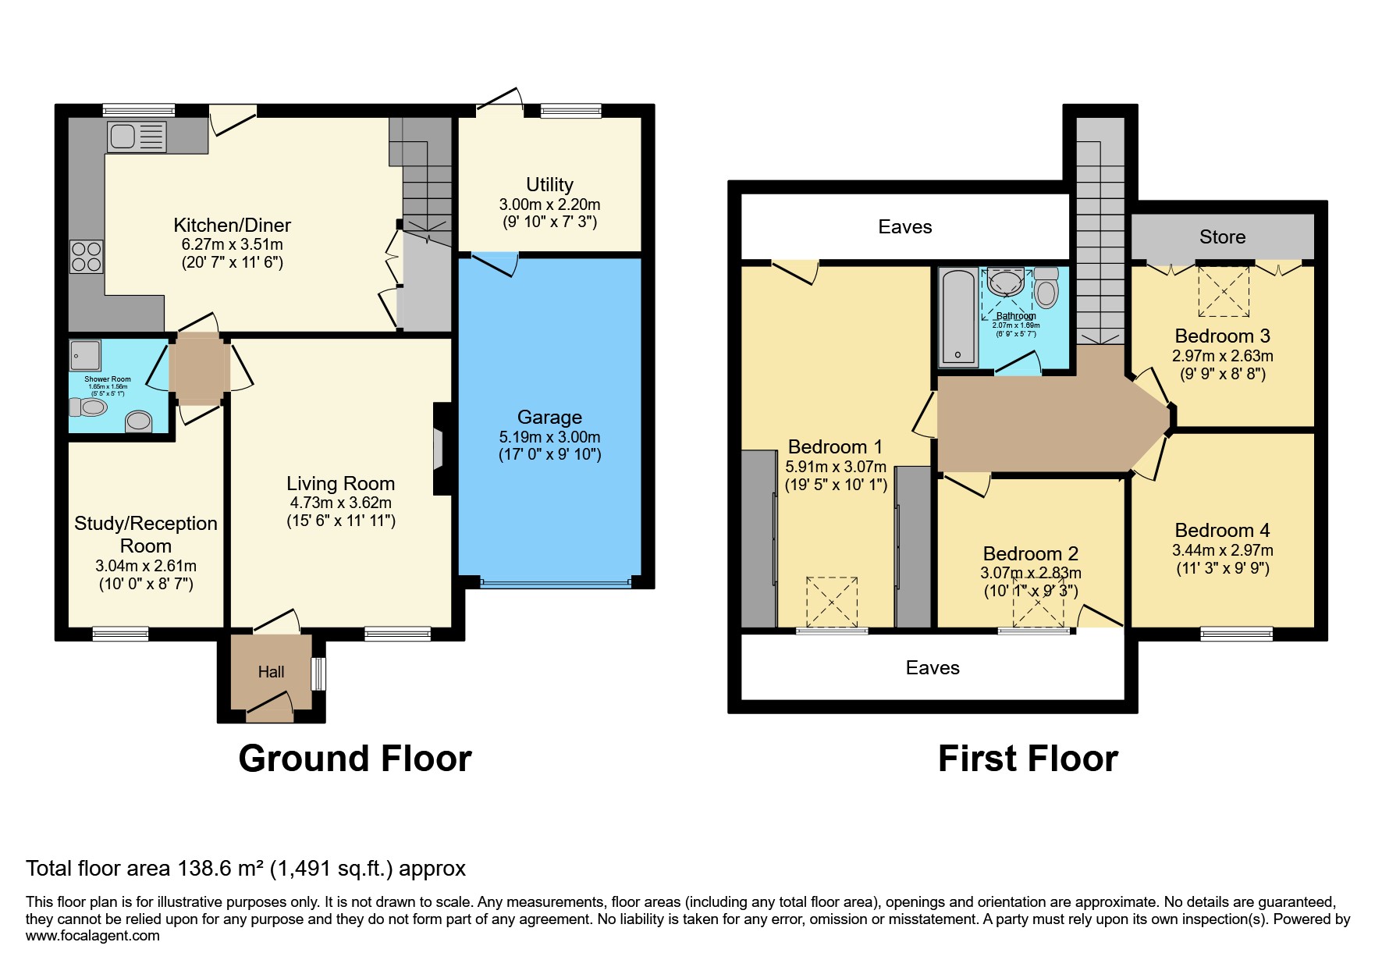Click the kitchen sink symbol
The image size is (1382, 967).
[x=137, y=137]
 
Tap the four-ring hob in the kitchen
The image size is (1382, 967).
[x=87, y=257]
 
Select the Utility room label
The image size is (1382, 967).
[x=549, y=185]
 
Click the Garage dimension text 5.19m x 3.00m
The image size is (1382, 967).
[x=549, y=437]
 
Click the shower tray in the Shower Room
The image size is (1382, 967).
[x=84, y=355]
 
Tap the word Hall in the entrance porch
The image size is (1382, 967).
[x=271, y=671]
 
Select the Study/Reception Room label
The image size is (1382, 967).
[x=146, y=535]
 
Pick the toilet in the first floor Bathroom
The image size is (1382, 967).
[x=1046, y=289]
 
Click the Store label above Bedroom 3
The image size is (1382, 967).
[x=1222, y=237]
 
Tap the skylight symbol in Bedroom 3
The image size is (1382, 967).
[x=1224, y=291]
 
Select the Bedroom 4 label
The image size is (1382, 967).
[x=1222, y=531]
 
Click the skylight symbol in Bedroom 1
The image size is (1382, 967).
[x=832, y=601]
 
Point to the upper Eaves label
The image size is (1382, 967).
[x=904, y=227]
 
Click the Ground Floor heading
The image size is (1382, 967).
[x=354, y=759]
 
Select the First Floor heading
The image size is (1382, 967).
[x=1028, y=759]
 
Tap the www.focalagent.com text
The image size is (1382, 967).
[x=92, y=936]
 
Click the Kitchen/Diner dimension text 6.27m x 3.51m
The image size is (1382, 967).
[x=232, y=244]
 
